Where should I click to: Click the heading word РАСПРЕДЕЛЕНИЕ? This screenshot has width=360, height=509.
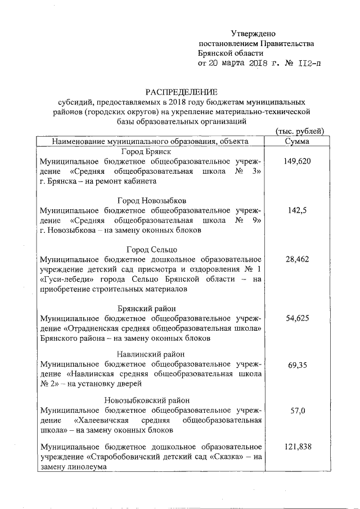(181, 92)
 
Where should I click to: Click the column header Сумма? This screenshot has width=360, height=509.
(298, 141)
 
